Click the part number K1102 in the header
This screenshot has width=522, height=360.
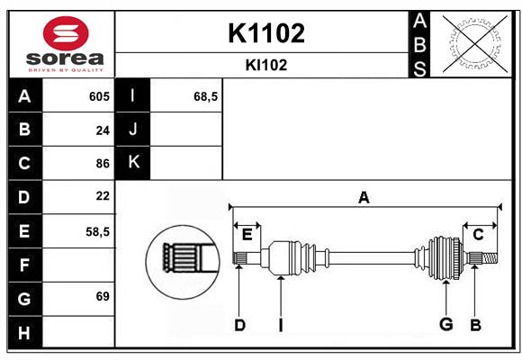pyautogui.click(x=266, y=33)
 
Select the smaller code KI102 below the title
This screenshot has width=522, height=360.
pyautogui.click(x=266, y=65)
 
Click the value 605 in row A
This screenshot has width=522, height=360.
pyautogui.click(x=98, y=96)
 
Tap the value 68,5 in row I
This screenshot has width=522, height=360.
pyautogui.click(x=206, y=96)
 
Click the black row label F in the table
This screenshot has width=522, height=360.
pyautogui.click(x=24, y=265)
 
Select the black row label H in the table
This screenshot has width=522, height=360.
pyautogui.click(x=24, y=333)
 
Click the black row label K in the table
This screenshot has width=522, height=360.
pyautogui.click(x=133, y=163)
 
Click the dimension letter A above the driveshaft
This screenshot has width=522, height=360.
pyautogui.click(x=364, y=197)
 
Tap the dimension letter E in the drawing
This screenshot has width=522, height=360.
pyautogui.click(x=247, y=235)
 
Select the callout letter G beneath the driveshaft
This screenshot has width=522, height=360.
pyautogui.click(x=445, y=324)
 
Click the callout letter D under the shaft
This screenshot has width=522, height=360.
pyautogui.click(x=239, y=325)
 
